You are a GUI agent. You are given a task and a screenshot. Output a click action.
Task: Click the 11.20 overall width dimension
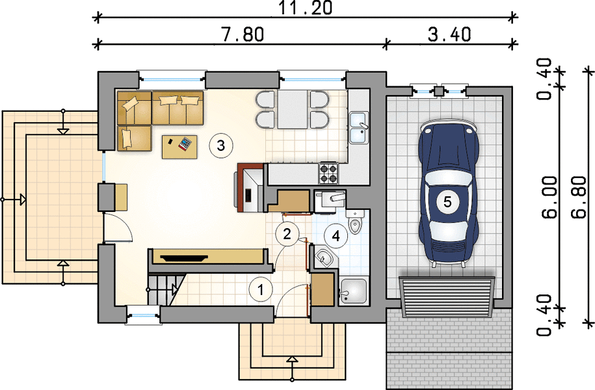pos(306,8)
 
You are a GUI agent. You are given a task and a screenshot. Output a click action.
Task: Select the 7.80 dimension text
pos(242,34)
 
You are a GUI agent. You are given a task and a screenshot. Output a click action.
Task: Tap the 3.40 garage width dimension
pos(450,34)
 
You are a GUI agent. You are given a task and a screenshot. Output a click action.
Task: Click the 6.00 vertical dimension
pos(549,198)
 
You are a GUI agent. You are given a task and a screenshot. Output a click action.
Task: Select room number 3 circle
pos(221,146)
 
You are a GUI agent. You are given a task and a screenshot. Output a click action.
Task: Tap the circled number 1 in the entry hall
pos(261,290)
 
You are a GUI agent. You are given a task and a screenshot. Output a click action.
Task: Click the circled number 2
pos(287,234)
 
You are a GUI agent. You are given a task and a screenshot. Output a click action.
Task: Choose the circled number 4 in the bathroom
pos(336,235)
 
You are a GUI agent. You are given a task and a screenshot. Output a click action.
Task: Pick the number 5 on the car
pos(447,201)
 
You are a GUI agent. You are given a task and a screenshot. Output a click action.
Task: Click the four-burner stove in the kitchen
pos(328,173)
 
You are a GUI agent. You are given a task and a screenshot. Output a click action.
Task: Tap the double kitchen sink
pos(358,128)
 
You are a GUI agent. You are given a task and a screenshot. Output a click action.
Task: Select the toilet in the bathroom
pos(355,221)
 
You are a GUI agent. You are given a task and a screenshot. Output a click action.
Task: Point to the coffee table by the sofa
pos(179,146)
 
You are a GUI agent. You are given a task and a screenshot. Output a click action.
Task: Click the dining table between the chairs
pos(292,109)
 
